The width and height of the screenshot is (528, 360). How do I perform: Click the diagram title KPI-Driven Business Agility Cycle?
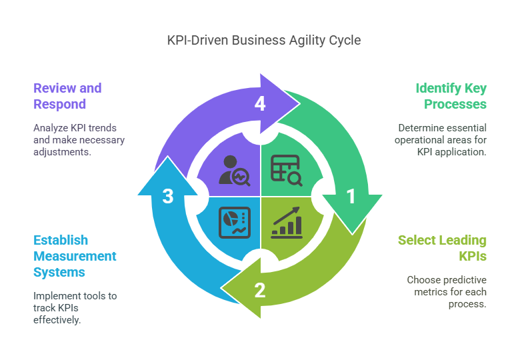264,40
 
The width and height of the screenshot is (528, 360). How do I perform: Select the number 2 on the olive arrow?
259,289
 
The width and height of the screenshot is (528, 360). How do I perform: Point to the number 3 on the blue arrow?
168,196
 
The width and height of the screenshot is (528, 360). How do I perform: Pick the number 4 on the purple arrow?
259,104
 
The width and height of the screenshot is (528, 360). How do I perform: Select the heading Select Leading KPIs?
442,248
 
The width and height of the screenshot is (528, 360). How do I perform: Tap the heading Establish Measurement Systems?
75,256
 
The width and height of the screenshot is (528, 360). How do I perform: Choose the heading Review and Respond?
67,96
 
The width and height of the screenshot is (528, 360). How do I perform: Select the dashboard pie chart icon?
235,223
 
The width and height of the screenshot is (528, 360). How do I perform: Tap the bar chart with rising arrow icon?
286,222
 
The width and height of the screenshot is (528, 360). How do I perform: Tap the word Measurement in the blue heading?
75,256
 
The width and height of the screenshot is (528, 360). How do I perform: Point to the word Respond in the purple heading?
59,104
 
